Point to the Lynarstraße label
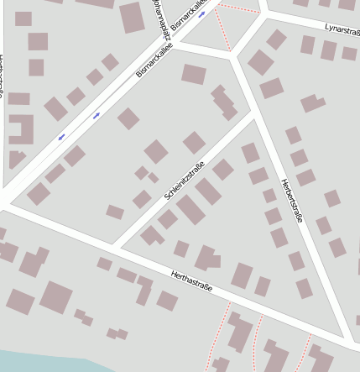(x=342, y=32)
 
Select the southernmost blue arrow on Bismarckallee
(x=61, y=136)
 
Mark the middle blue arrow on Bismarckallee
(x=97, y=115)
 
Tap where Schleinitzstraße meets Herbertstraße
(x=254, y=115)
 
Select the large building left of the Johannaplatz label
(x=132, y=18)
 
